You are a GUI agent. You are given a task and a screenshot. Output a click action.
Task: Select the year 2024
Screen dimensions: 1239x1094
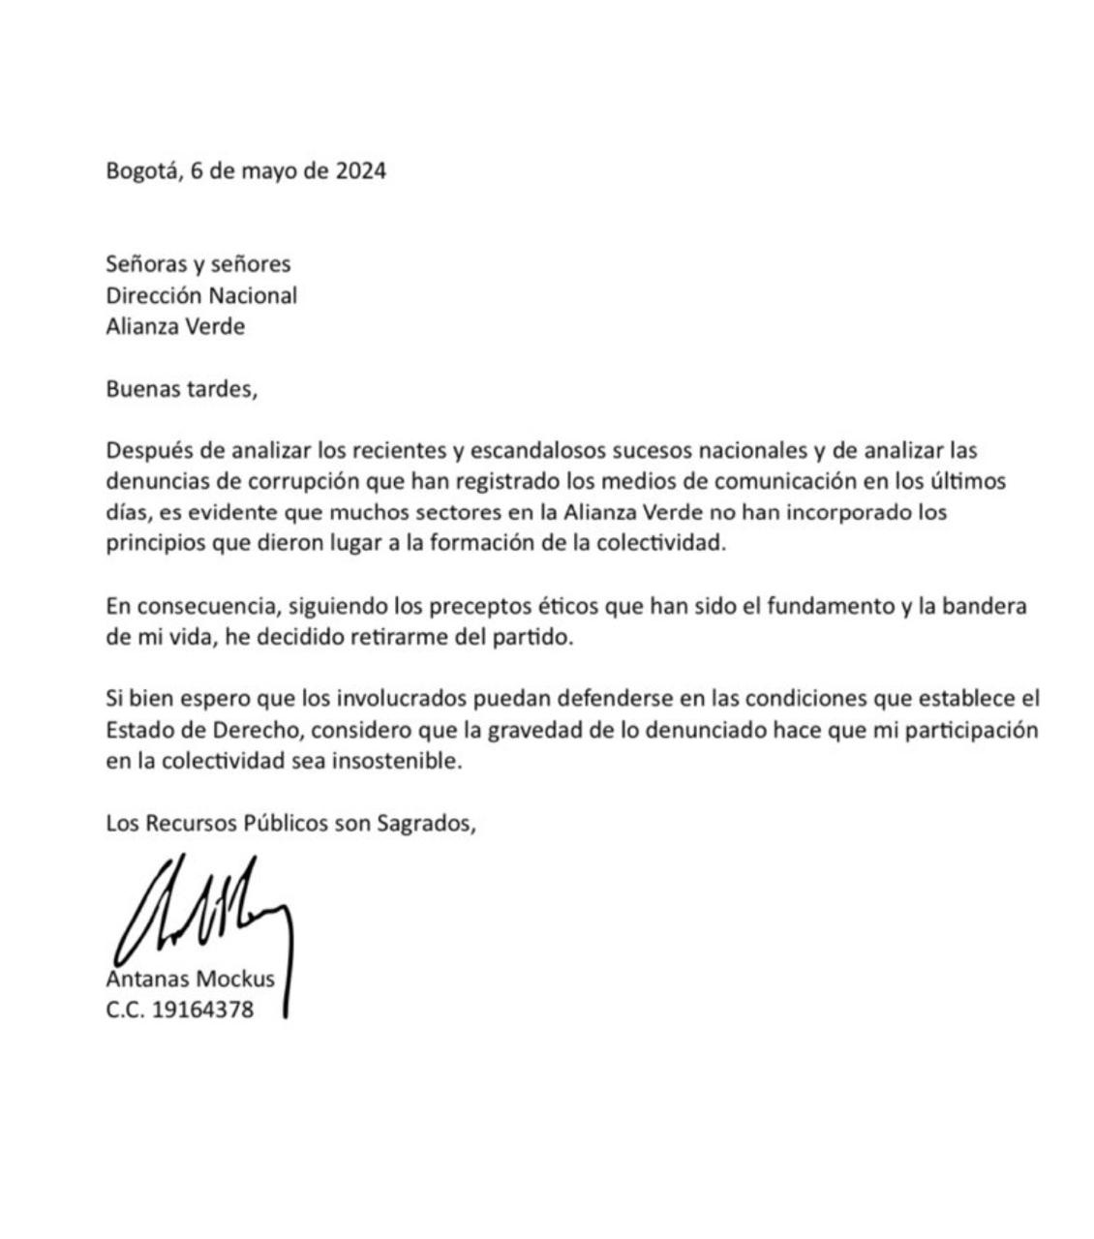click(360, 171)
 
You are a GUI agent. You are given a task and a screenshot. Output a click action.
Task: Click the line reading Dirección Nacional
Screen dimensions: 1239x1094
click(201, 294)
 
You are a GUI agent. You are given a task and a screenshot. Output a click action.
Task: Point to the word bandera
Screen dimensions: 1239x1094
click(988, 607)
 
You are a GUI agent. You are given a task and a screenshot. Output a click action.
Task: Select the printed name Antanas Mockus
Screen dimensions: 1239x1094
click(190, 979)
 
